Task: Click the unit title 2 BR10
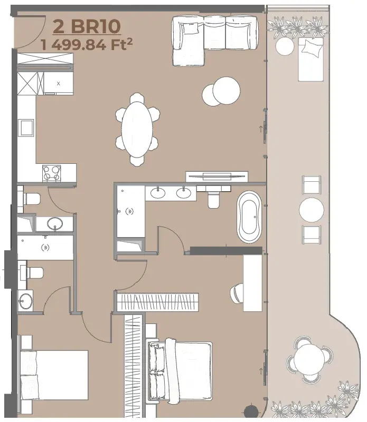(87, 26)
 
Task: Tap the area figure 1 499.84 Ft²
(87, 45)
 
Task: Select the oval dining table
(137, 129)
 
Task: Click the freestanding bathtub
(249, 217)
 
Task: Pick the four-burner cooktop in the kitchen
(52, 173)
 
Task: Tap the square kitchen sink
(26, 128)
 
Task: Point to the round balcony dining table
(309, 359)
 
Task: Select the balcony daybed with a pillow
(310, 59)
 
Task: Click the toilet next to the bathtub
(213, 200)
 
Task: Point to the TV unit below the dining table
(217, 176)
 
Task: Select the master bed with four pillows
(180, 371)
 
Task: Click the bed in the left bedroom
(54, 375)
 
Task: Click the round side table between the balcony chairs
(312, 210)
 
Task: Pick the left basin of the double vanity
(157, 193)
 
